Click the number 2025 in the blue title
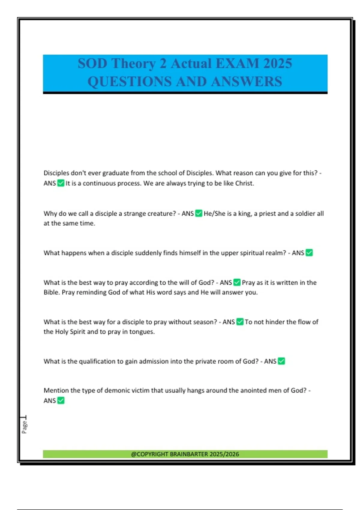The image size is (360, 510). tap(277, 64)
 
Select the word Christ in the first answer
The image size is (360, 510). tap(244, 183)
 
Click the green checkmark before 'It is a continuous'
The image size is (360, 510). tap(61, 183)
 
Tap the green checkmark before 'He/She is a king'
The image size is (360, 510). tap(199, 213)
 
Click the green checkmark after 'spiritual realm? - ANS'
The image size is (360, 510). tap(309, 253)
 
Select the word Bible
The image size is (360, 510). tap(52, 292)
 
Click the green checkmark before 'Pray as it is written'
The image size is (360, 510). tap(237, 282)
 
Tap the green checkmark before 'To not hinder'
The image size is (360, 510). tap(240, 322)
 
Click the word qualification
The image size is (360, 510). tap(97, 361)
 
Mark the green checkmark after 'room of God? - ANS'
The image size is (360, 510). tap(281, 361)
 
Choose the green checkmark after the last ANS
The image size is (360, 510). tap(61, 400)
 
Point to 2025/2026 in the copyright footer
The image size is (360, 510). tap(224, 454)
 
